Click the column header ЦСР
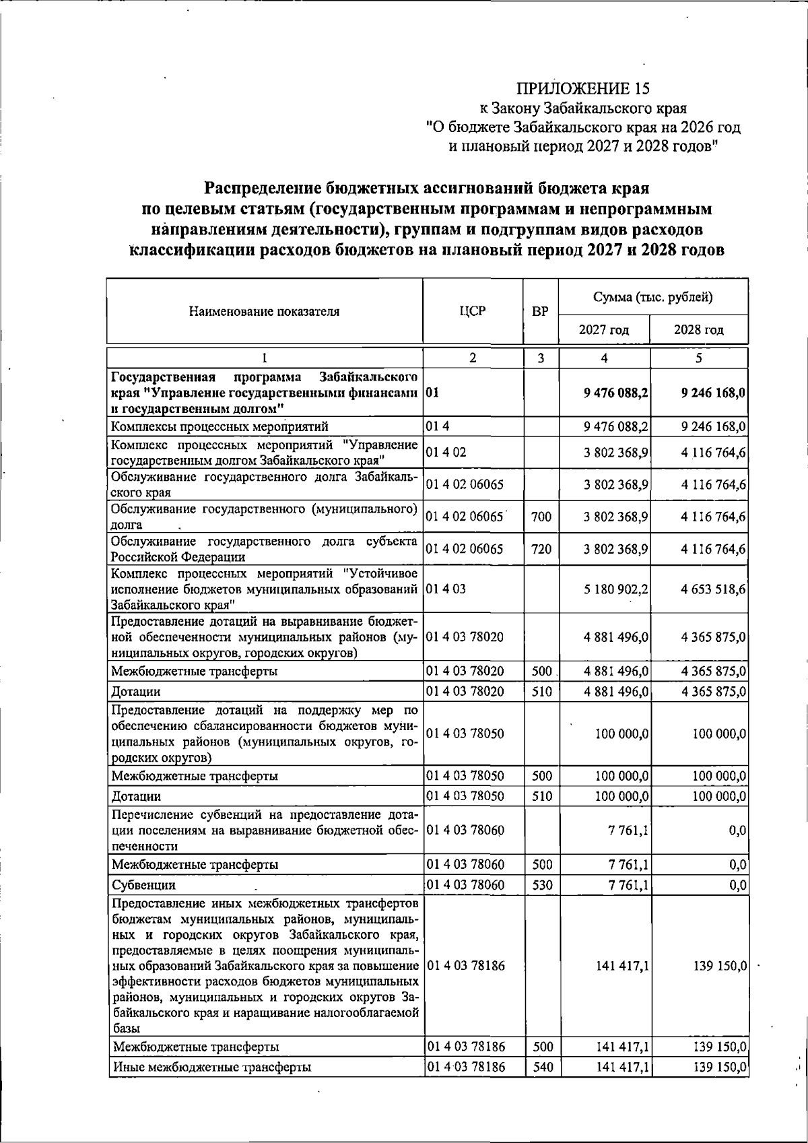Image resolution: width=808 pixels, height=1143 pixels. pyautogui.click(x=472, y=311)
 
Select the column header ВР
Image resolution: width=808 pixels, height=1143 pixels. pyautogui.click(x=540, y=312)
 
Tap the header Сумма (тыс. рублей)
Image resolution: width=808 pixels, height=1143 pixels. pyautogui.click(x=652, y=297)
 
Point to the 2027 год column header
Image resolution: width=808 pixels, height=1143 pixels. pyautogui.click(x=604, y=330)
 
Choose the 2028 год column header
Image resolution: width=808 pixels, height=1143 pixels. pyautogui.click(x=698, y=330)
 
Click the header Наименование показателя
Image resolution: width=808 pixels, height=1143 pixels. pyautogui.click(x=264, y=311)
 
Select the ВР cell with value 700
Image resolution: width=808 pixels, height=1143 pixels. pyautogui.click(x=541, y=517)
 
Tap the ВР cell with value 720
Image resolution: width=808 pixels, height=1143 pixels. pyautogui.click(x=541, y=549)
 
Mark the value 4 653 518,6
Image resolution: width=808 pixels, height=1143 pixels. pyautogui.click(x=712, y=589)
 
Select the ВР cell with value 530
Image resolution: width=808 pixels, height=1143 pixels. pyautogui.click(x=541, y=884)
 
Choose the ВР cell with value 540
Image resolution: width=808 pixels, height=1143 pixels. pyautogui.click(x=541, y=1066)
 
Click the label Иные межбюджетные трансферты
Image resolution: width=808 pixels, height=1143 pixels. pyautogui.click(x=212, y=1067)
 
